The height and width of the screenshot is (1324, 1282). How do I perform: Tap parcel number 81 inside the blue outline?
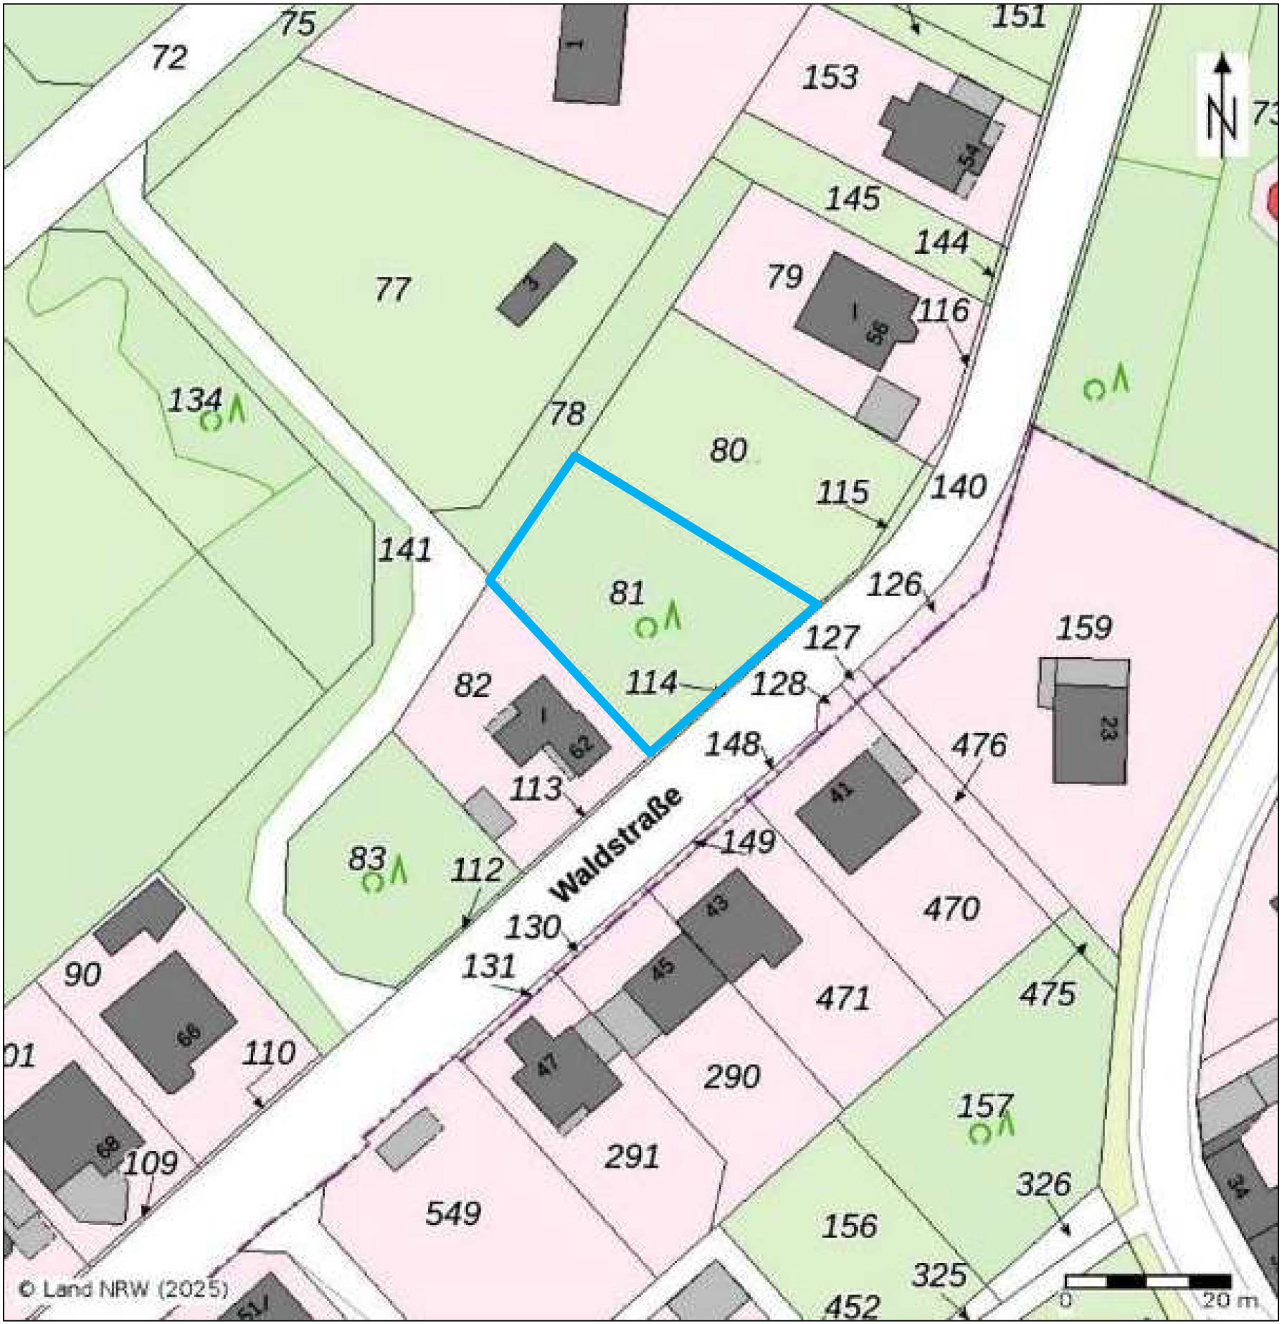[627, 593]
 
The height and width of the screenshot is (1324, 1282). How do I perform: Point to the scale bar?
[1147, 1281]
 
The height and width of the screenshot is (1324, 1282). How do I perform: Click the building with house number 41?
[857, 810]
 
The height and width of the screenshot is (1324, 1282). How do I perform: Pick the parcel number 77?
[392, 290]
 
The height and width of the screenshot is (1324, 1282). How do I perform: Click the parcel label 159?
[1083, 628]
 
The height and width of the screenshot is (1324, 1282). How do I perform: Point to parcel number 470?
[951, 909]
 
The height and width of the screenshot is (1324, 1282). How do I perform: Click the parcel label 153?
[830, 77]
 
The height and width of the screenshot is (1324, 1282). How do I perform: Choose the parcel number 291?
[632, 1157]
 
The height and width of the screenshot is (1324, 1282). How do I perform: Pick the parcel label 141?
[405, 550]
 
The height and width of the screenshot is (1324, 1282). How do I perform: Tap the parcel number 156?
[849, 1226]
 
